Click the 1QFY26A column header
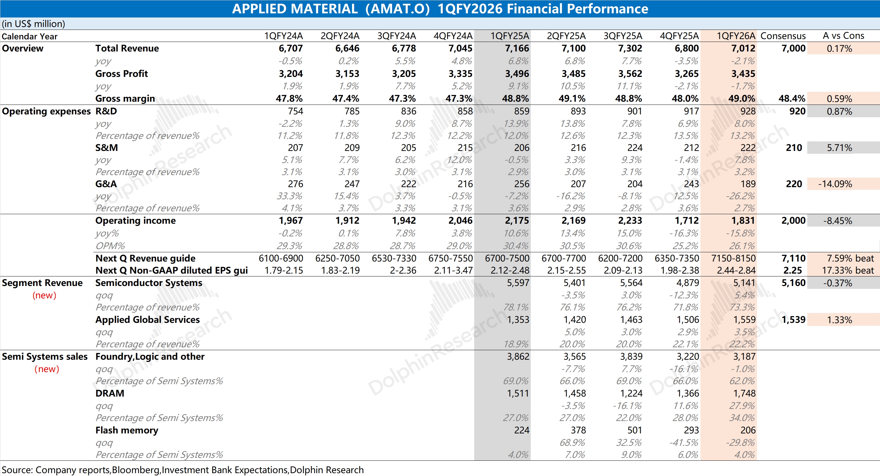(735, 36)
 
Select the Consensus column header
(783, 36)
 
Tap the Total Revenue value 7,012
(743, 49)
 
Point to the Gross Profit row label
(121, 74)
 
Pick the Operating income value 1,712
(686, 221)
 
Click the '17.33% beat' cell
(848, 270)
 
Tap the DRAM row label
(110, 393)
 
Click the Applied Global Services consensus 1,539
(793, 320)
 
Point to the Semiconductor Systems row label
(149, 283)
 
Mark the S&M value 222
(748, 148)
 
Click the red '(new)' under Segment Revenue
(44, 296)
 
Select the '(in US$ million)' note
(33, 24)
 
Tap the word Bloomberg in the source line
(136, 470)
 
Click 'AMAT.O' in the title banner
(397, 9)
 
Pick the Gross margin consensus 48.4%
(792, 99)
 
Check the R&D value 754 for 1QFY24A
(295, 111)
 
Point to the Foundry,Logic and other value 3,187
(744, 357)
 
